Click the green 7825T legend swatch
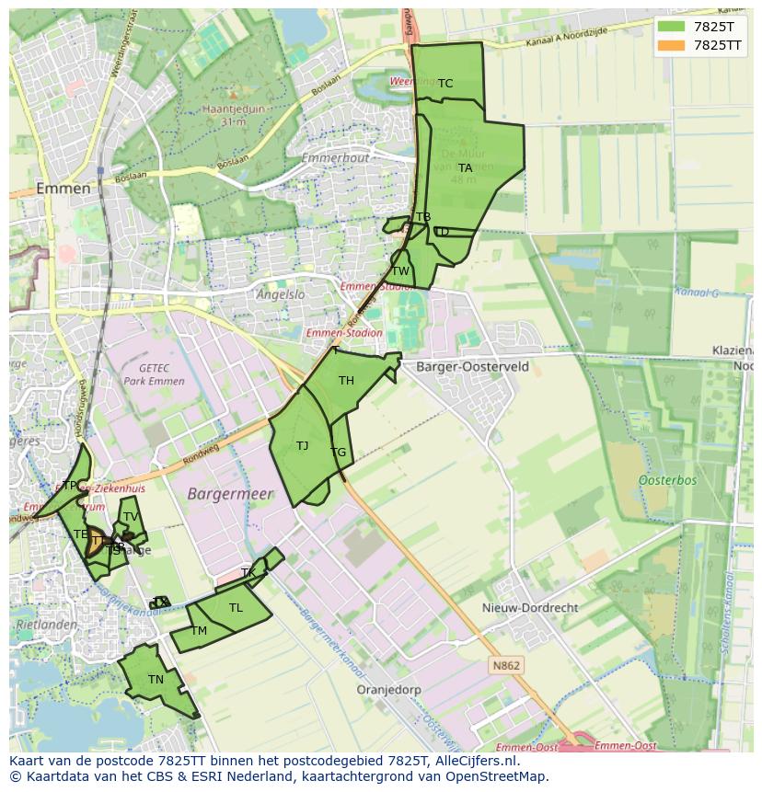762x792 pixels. pyautogui.click(x=672, y=27)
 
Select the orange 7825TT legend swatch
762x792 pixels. pyautogui.click(x=672, y=45)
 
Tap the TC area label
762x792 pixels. pyautogui.click(x=445, y=84)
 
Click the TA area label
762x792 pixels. pyautogui.click(x=466, y=168)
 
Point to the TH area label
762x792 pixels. pyautogui.click(x=346, y=381)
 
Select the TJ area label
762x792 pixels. pyautogui.click(x=302, y=446)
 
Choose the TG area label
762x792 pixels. pyautogui.click(x=339, y=453)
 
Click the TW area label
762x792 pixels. pyautogui.click(x=400, y=271)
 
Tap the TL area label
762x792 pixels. pyautogui.click(x=236, y=608)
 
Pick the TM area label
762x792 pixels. pyautogui.click(x=199, y=631)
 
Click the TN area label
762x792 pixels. pyautogui.click(x=156, y=680)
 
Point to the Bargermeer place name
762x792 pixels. pyautogui.click(x=230, y=494)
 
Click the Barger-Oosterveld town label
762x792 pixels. pyautogui.click(x=472, y=366)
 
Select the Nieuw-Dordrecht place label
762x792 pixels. pyautogui.click(x=530, y=608)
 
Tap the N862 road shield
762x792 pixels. pyautogui.click(x=505, y=665)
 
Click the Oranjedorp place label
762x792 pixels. pyautogui.click(x=388, y=689)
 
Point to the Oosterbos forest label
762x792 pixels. pyautogui.click(x=667, y=480)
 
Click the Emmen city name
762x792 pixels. pyautogui.click(x=63, y=189)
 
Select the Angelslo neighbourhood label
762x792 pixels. pyautogui.click(x=281, y=295)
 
